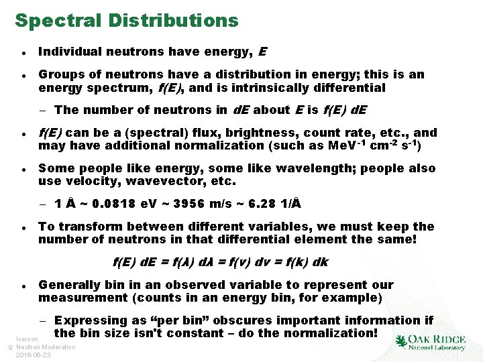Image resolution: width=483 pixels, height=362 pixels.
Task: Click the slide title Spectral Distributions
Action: (x=127, y=20)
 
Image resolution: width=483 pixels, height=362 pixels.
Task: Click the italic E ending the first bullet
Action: (x=262, y=52)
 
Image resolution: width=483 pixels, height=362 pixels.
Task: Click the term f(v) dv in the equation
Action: (x=252, y=262)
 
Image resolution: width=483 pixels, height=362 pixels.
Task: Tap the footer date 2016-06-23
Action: (x=34, y=355)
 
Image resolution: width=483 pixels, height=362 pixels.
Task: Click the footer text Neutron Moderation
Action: (x=46, y=347)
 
